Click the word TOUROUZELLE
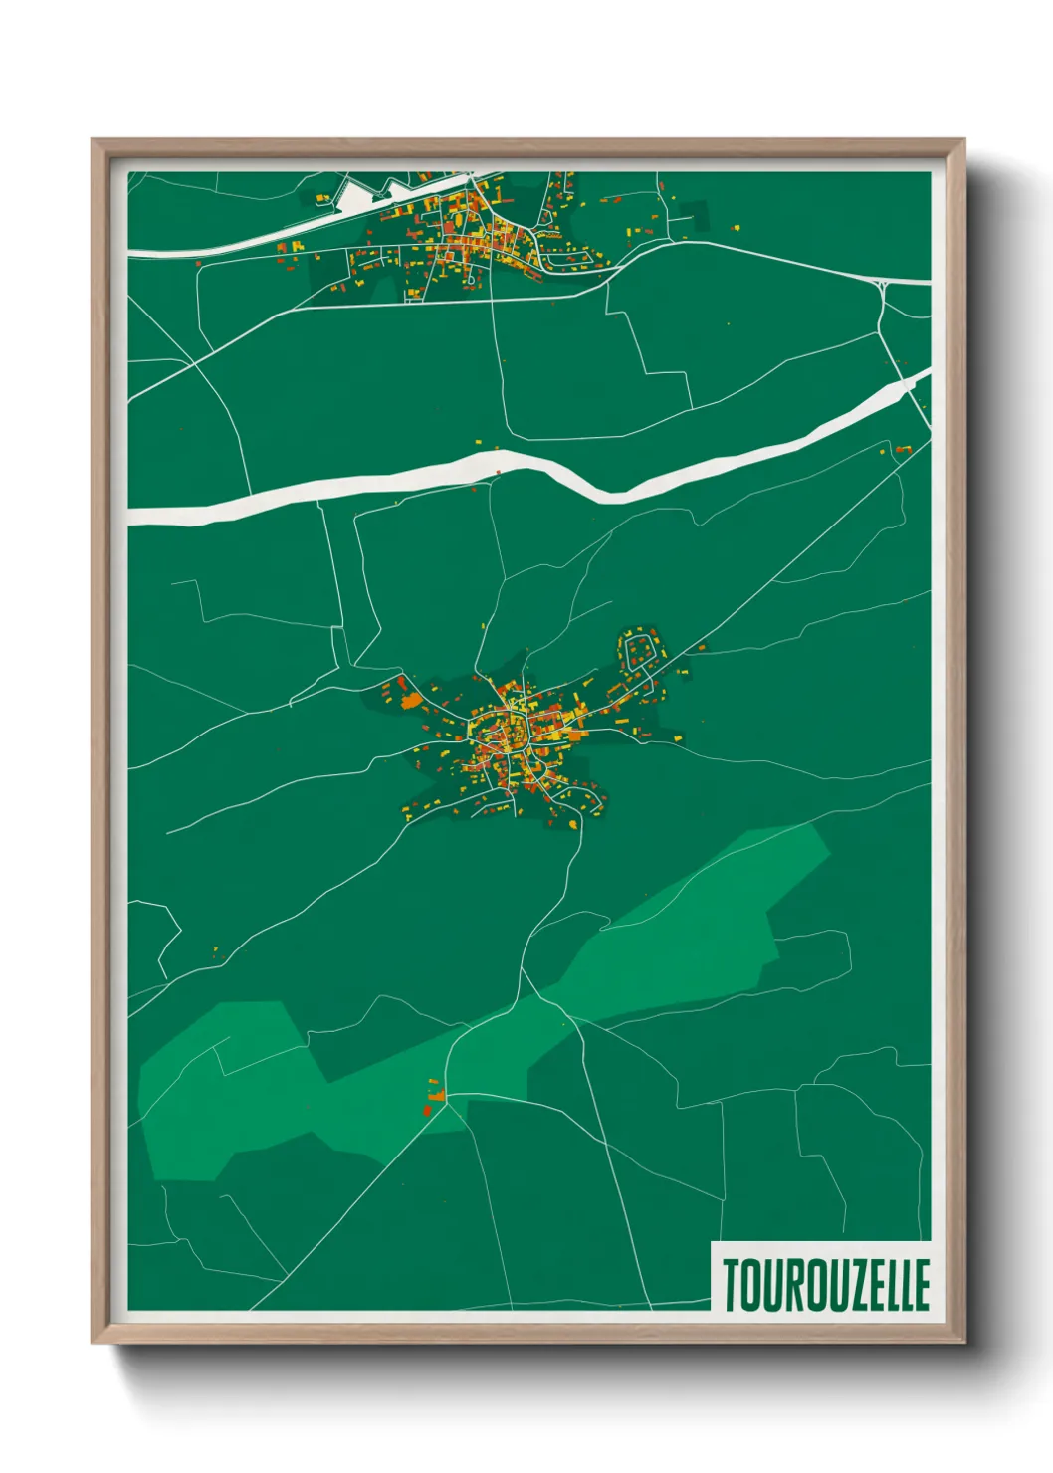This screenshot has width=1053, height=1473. pos(825,1284)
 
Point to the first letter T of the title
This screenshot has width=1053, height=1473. pos(732,1284)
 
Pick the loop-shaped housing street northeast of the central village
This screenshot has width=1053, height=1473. pos(639,651)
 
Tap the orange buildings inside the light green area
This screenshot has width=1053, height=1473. pos(431,1100)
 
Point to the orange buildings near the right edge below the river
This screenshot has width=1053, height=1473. pos(901,450)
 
